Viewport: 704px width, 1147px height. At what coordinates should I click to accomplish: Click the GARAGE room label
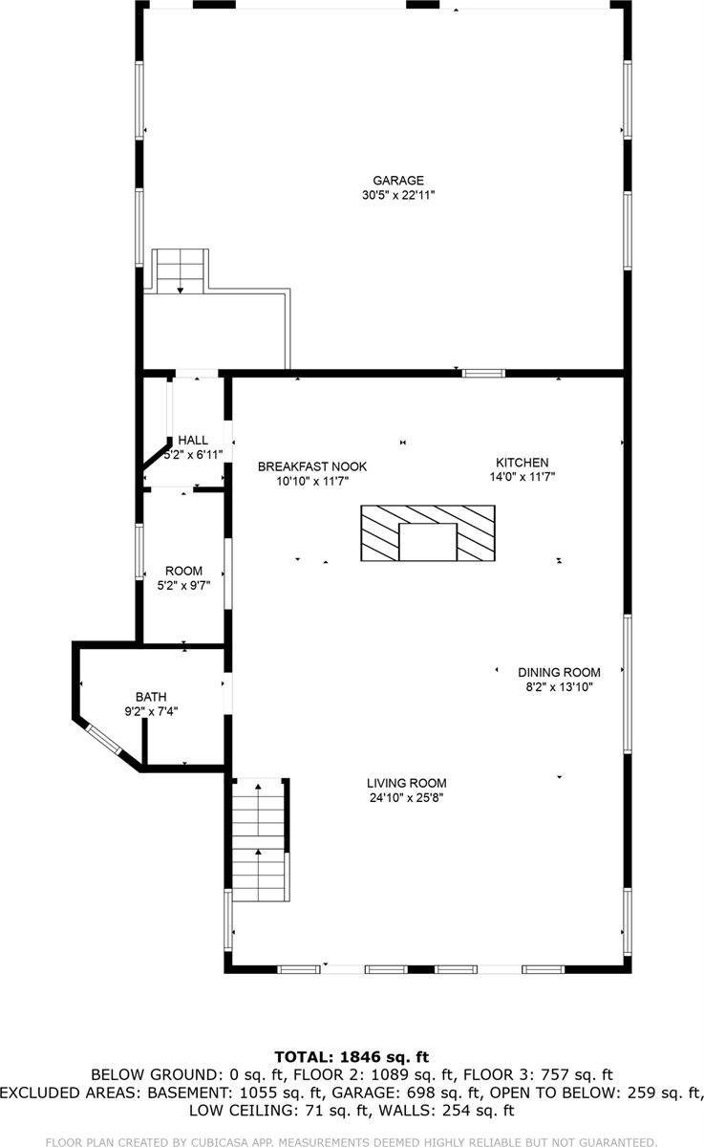click(397, 180)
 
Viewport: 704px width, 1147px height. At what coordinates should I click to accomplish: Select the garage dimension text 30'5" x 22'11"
click(397, 195)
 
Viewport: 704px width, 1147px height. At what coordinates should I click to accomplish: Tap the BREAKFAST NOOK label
click(312, 466)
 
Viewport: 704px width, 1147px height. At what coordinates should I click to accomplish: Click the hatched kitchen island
click(427, 533)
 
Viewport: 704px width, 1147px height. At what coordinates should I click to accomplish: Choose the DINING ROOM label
click(559, 672)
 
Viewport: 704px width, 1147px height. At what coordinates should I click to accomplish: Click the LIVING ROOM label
click(407, 782)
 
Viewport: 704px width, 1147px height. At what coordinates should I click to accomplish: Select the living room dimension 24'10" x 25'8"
click(407, 797)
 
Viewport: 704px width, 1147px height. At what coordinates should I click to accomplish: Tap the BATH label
click(150, 696)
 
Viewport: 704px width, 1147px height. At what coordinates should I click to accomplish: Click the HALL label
click(192, 440)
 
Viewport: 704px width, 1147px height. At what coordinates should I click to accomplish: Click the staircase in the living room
click(260, 841)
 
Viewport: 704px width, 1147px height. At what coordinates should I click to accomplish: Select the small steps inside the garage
click(181, 271)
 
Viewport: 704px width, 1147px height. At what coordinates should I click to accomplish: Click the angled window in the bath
click(104, 743)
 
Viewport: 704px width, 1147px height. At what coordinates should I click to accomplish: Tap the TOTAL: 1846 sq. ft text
click(352, 1056)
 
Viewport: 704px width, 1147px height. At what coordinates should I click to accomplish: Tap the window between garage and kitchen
click(483, 373)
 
